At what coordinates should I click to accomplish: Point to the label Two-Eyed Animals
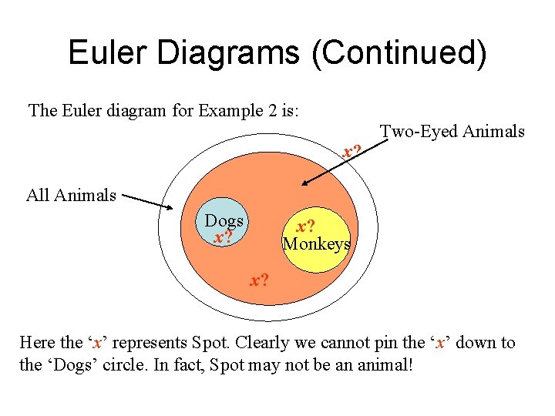[453, 132]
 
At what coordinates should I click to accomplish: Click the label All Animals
[71, 195]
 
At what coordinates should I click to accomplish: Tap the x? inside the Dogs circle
[223, 237]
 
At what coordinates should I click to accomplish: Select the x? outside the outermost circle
[353, 150]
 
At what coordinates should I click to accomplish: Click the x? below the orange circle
[259, 280]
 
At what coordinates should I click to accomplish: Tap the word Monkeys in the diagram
[316, 244]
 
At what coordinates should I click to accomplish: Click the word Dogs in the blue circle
[224, 221]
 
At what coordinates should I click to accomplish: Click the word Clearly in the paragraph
[274, 343]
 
